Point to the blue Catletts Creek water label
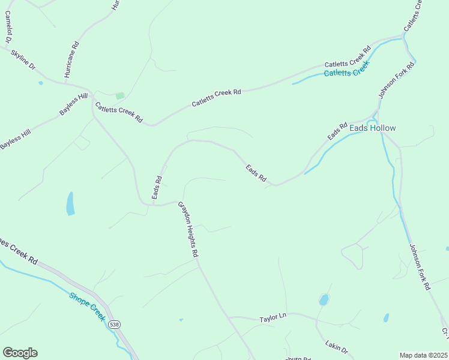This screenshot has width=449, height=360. click(x=345, y=73)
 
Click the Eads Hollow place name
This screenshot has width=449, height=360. click(x=373, y=128)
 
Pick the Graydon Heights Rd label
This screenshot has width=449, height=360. click(x=188, y=230)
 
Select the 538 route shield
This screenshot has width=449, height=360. click(x=115, y=325)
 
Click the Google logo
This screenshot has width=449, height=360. click(x=20, y=353)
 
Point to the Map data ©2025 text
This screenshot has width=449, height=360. click(x=423, y=355)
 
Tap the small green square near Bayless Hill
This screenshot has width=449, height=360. click(x=120, y=95)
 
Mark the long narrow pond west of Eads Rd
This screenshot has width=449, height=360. click(x=70, y=203)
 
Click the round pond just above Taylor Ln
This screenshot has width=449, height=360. click(x=324, y=299)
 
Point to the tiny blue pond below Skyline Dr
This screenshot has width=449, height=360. click(x=40, y=83)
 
